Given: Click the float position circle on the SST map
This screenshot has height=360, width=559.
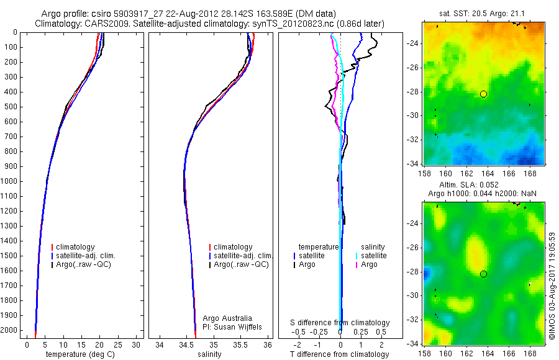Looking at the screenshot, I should click(x=483, y=94).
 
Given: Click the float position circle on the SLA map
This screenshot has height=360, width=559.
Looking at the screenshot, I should click(x=483, y=274).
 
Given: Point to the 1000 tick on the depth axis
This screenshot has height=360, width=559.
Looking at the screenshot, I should click(x=10, y=181).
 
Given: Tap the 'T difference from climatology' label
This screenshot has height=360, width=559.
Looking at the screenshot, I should click(x=339, y=354).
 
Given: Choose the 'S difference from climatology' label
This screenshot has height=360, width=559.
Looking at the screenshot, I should click(x=340, y=323).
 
